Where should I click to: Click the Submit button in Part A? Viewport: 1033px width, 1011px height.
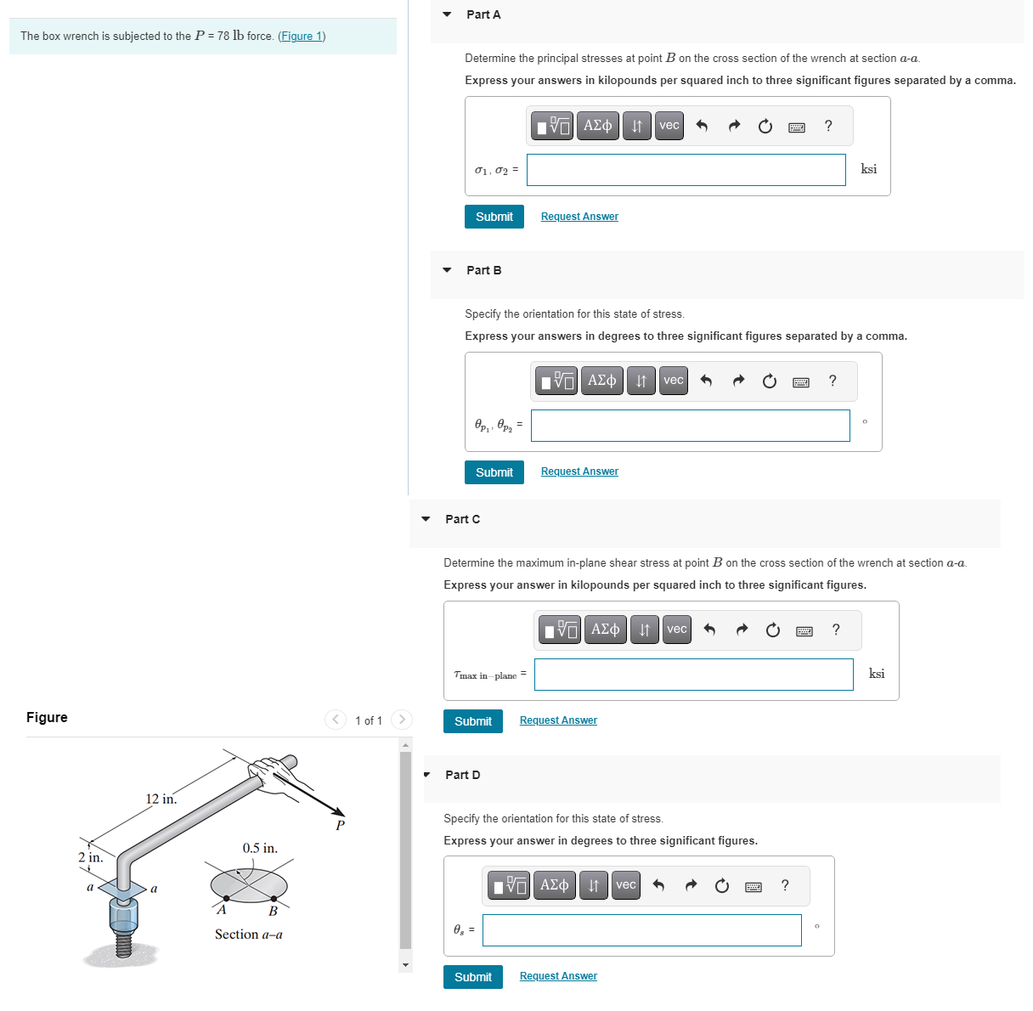point(494,217)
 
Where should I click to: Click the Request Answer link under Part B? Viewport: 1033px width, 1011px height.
point(579,472)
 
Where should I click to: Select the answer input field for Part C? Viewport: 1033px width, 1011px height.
point(693,675)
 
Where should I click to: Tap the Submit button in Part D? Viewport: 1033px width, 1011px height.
point(472,977)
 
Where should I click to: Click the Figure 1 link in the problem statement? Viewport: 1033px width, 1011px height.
point(302,37)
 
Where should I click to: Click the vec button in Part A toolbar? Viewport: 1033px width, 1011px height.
point(669,126)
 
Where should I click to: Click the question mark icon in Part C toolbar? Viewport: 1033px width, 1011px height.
point(836,630)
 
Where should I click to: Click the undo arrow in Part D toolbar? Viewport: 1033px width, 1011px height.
point(658,885)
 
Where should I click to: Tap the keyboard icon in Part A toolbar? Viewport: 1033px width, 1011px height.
point(797,127)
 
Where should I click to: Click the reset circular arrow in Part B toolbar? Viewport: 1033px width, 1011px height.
point(769,381)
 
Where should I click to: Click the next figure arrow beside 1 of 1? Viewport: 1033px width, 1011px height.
point(402,720)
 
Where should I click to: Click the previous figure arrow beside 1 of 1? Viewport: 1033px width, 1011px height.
point(336,720)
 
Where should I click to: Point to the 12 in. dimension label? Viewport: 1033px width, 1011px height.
point(161,799)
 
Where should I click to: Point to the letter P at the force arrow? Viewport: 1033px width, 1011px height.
point(340,825)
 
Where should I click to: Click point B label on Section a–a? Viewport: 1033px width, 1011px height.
point(273,912)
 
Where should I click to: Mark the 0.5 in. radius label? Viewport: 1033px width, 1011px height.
point(260,848)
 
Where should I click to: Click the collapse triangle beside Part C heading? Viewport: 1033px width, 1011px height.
point(426,519)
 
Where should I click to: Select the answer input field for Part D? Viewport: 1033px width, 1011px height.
point(641,930)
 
